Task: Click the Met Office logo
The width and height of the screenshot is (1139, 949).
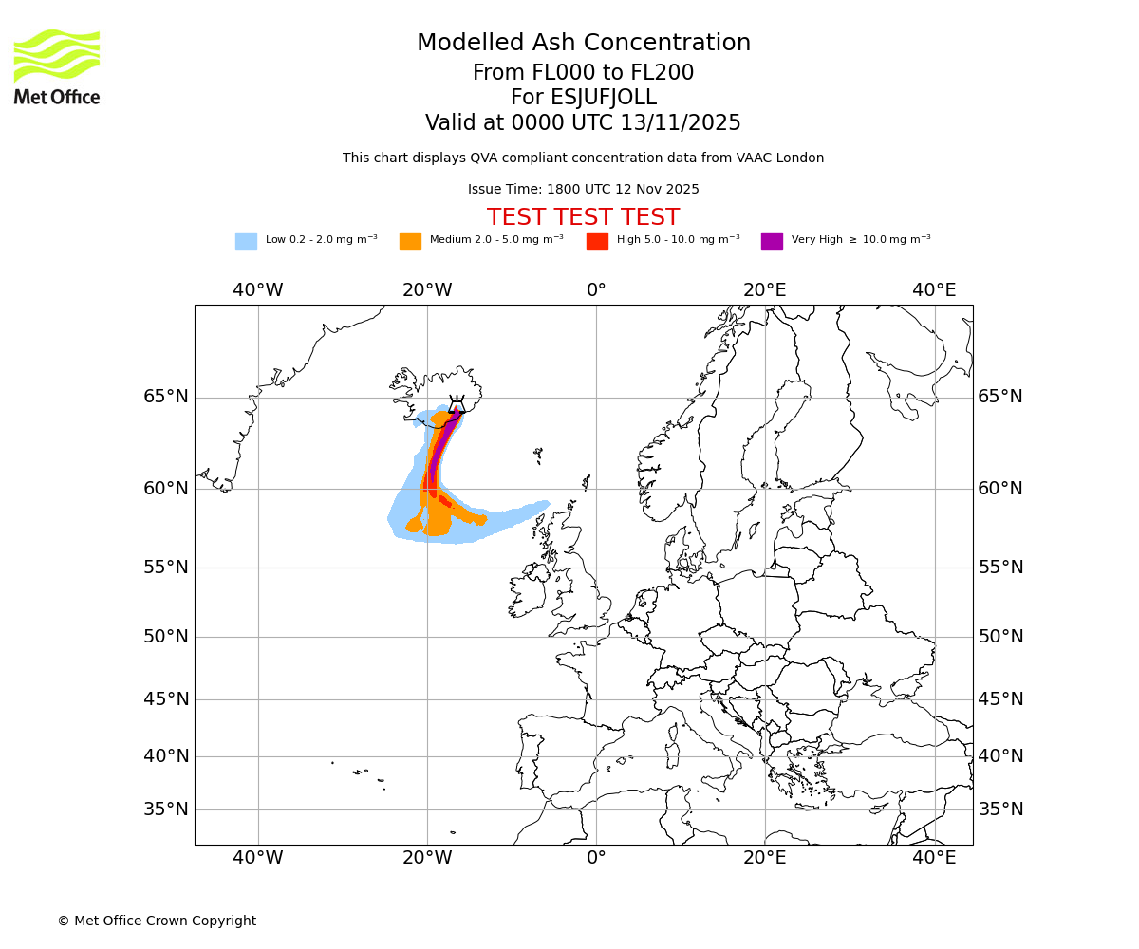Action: point(57,66)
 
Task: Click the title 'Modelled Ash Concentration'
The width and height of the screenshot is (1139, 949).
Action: point(583,43)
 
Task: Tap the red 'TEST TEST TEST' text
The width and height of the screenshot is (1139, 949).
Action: point(583,217)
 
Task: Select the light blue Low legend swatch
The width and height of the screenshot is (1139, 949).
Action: point(246,240)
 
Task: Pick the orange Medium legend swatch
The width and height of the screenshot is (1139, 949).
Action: point(410,240)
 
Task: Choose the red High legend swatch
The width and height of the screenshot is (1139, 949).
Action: point(597,240)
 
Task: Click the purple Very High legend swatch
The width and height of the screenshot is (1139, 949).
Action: point(772,240)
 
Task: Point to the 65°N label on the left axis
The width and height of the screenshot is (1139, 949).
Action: point(166,397)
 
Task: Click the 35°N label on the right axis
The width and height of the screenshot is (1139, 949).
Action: point(1000,809)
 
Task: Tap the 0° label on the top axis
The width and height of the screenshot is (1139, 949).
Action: point(596,289)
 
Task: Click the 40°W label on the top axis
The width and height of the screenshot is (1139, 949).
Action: point(258,289)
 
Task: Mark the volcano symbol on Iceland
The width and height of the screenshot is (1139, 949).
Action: point(457,404)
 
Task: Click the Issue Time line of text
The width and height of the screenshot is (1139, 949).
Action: point(583,189)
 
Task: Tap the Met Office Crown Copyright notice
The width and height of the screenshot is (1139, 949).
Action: point(157,921)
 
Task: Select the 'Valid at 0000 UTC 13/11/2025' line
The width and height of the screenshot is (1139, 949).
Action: point(583,122)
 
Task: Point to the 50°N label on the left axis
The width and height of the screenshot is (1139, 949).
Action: point(166,637)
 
